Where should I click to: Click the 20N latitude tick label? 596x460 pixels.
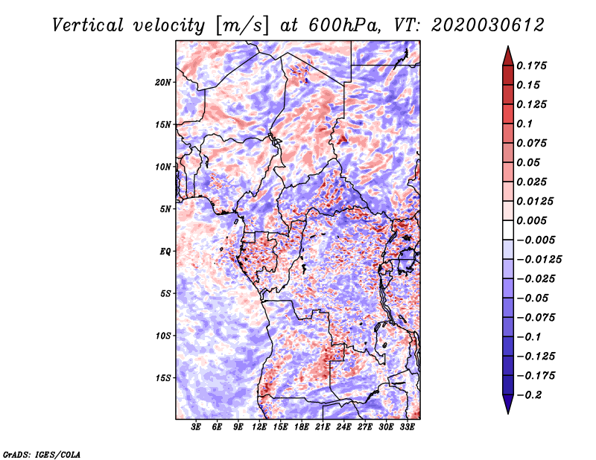click(x=163, y=83)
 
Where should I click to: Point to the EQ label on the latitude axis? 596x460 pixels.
click(x=165, y=251)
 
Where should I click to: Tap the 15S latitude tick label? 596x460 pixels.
click(x=163, y=378)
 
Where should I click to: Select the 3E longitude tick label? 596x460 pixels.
click(x=196, y=427)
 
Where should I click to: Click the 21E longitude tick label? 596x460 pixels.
click(x=323, y=427)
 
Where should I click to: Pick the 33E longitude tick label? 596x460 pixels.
click(x=407, y=427)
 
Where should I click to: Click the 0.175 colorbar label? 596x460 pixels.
click(x=532, y=66)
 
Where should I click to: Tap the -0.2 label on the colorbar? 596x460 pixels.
click(x=529, y=395)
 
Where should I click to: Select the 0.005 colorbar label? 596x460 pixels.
click(x=532, y=220)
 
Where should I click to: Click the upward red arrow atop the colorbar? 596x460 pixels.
click(x=508, y=56)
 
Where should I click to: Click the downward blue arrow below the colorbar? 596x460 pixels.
click(x=508, y=404)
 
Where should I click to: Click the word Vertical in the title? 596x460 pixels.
click(x=88, y=25)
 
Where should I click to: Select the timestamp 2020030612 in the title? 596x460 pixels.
click(x=488, y=25)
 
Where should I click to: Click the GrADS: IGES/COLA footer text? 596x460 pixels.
click(x=42, y=455)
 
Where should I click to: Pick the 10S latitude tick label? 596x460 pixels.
click(x=163, y=336)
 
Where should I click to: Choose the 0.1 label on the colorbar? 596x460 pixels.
click(x=525, y=124)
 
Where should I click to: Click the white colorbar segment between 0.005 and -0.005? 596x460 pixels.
click(x=508, y=230)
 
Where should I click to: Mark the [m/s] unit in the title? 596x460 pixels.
click(x=242, y=25)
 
